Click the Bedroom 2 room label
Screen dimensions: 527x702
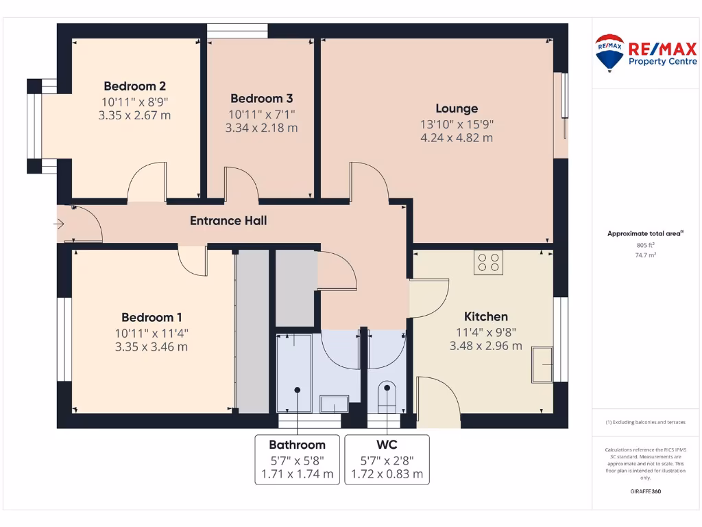pos(134,86)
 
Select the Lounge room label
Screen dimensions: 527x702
pos(457,108)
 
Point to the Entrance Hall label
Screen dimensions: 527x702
pos(228,221)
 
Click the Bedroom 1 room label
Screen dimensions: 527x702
pos(152,317)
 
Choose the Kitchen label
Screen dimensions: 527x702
pos(486,316)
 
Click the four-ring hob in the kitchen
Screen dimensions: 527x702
pos(488,263)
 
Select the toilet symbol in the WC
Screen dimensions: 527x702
pos(387,397)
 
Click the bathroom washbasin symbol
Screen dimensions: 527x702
pos(335,403)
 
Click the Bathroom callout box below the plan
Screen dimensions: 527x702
pos(297,459)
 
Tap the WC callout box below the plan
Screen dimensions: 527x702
pos(387,459)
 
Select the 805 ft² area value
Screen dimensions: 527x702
pos(644,245)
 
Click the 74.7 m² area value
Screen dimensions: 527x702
pos(644,254)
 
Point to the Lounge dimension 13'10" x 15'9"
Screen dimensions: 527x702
pos(457,124)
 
